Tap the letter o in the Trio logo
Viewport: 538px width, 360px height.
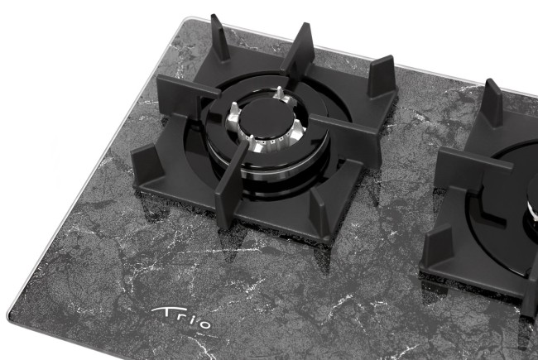tap(204, 324)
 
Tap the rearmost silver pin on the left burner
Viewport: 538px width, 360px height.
tap(280, 93)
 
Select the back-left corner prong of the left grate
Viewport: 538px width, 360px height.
tap(219, 38)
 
